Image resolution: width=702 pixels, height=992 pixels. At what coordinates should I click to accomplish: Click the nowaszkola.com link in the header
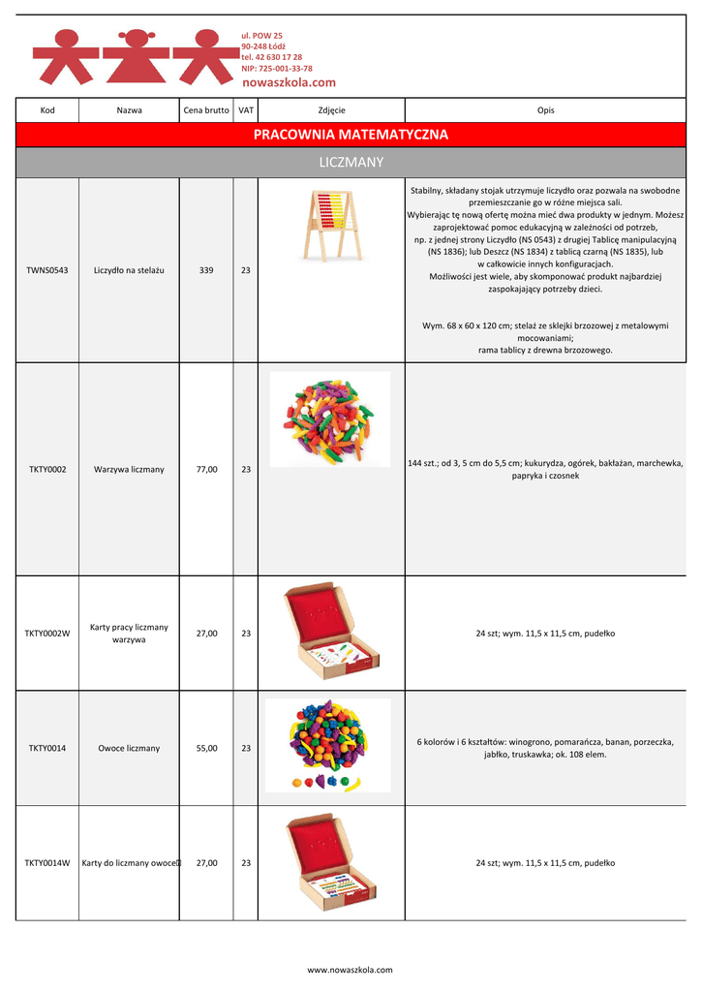(288, 83)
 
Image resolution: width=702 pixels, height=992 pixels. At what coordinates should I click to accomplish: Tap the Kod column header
(47, 110)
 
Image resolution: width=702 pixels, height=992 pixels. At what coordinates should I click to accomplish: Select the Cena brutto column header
(206, 110)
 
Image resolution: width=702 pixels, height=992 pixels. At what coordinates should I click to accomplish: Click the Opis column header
(545, 110)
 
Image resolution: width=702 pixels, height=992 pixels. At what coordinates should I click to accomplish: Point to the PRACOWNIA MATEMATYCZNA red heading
(351, 135)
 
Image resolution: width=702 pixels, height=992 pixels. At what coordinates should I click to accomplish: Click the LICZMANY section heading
(351, 162)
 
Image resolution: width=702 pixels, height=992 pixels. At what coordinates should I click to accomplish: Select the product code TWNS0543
(47, 270)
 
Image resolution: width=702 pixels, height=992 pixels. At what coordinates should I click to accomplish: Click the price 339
(206, 270)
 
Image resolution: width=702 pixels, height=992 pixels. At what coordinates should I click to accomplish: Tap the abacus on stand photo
(330, 226)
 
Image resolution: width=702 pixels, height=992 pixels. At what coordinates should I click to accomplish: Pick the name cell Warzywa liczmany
(129, 470)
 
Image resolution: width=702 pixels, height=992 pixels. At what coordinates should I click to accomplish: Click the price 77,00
(206, 470)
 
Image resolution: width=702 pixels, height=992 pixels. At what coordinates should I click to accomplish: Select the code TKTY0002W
(47, 634)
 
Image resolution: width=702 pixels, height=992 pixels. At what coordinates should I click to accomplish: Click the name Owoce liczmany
(129, 749)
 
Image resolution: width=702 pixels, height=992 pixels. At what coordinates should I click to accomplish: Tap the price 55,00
(206, 749)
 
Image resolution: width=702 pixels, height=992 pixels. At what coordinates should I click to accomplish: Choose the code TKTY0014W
(47, 863)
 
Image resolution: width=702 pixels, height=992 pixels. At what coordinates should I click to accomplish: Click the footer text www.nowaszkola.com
(351, 970)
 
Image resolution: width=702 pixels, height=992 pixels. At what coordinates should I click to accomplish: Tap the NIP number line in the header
(276, 69)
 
